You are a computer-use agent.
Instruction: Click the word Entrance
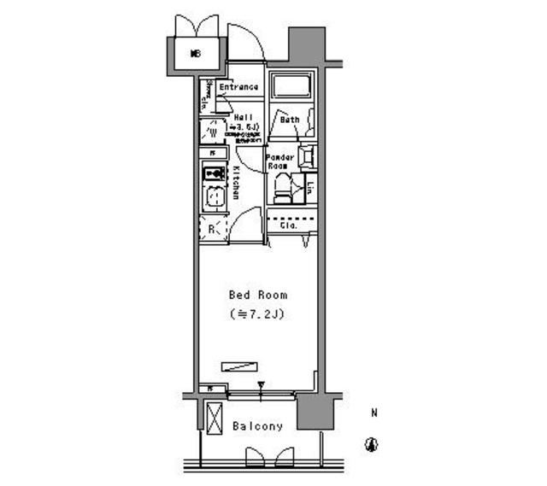pyautogui.click(x=238, y=87)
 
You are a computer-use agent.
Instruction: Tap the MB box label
pyautogui.click(x=196, y=54)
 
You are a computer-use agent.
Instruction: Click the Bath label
pyautogui.click(x=289, y=120)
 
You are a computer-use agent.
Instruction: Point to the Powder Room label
pyautogui.click(x=280, y=162)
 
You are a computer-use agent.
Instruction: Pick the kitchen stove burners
pyautogui.click(x=213, y=173)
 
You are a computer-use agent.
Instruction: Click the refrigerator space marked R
pyautogui.click(x=213, y=228)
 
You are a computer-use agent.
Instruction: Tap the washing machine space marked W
pyautogui.click(x=212, y=132)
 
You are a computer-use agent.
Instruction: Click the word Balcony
pyautogui.click(x=257, y=426)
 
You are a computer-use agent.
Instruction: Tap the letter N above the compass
pyautogui.click(x=373, y=414)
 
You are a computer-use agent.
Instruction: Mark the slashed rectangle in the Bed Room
pyautogui.click(x=239, y=366)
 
